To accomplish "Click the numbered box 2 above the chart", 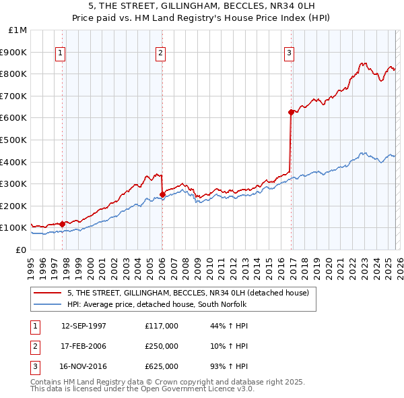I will pyautogui.click(x=162, y=54).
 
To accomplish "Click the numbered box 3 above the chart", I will pyautogui.click(x=289, y=54).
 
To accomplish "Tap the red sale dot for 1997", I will pyautogui.click(x=63, y=224).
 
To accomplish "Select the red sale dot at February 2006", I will pyautogui.click(x=162, y=194).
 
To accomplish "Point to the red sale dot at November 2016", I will pyautogui.click(x=290, y=112).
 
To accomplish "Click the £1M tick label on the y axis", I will pyautogui.click(x=18, y=30).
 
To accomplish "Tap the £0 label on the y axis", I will pyautogui.click(x=21, y=250).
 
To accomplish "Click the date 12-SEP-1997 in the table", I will pyautogui.click(x=83, y=326).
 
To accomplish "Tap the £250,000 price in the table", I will pyautogui.click(x=162, y=346).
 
